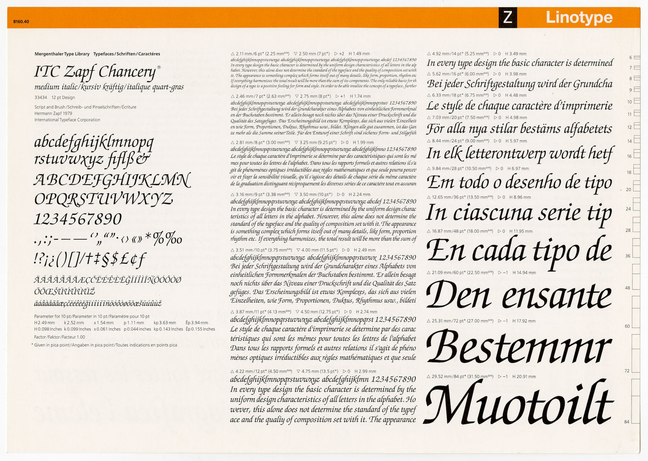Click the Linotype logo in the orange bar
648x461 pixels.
579,18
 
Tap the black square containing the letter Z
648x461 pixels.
508,18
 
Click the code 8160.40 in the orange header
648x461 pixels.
21,22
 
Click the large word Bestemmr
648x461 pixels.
518,348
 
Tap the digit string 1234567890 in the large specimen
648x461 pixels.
78,219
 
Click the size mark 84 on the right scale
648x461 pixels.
627,422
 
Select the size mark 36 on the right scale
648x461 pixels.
627,256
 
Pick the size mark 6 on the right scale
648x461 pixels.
630,58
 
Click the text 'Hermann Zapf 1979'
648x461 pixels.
53,114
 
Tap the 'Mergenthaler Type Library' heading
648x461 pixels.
62,54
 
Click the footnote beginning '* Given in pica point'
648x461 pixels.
104,345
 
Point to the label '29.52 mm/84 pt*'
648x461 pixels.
451,376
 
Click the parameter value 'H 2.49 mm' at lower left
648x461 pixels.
45,322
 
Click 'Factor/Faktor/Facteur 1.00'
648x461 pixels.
59,337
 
